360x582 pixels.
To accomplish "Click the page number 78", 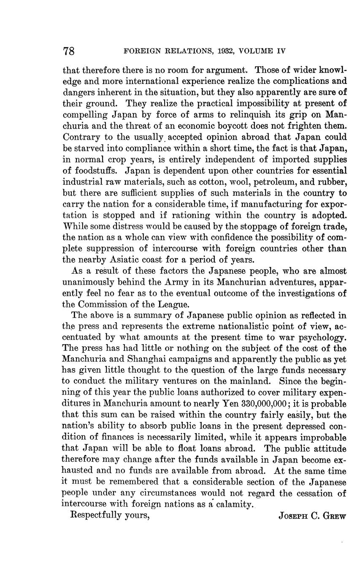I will point(69,51).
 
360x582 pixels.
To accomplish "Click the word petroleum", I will point(273,182).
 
